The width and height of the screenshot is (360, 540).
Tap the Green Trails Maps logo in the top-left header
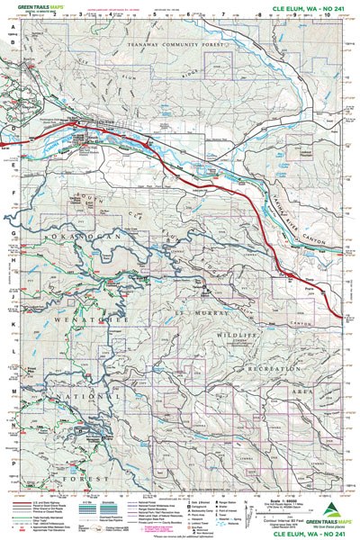click(x=33, y=7)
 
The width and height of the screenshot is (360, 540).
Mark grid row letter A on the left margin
click(x=13, y=26)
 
